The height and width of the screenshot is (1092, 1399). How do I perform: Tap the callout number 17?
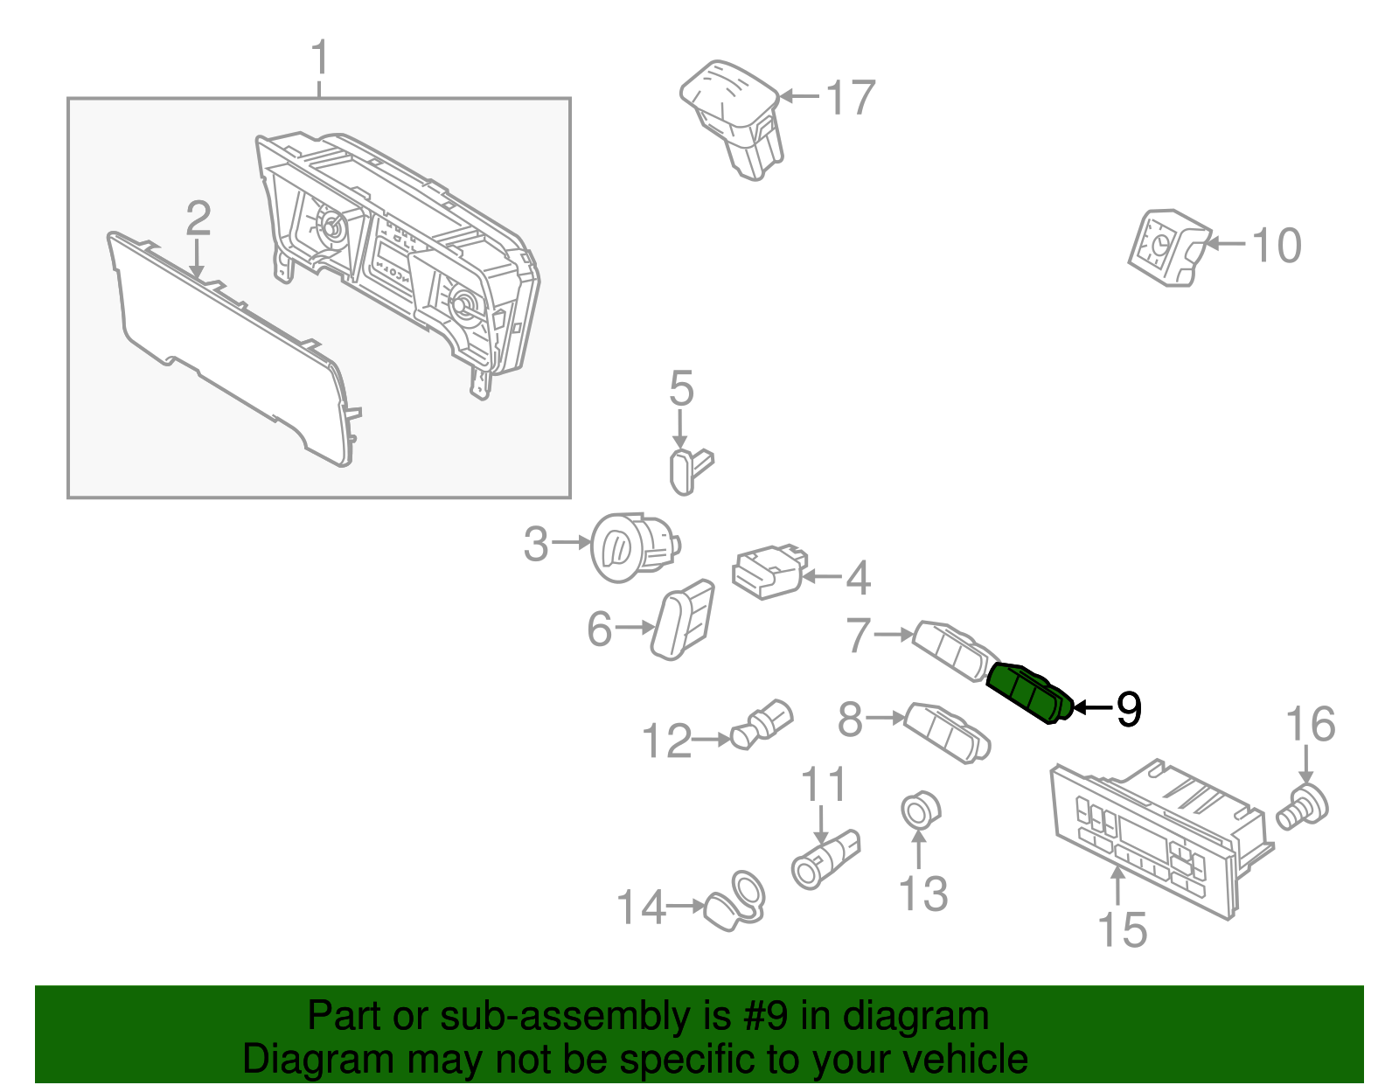850,97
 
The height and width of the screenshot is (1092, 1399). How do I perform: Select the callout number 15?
1122,929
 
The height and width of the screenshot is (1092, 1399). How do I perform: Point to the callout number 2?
198,219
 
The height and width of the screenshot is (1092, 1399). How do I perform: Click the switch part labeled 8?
947,732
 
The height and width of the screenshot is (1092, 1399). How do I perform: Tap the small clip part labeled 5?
690,471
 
